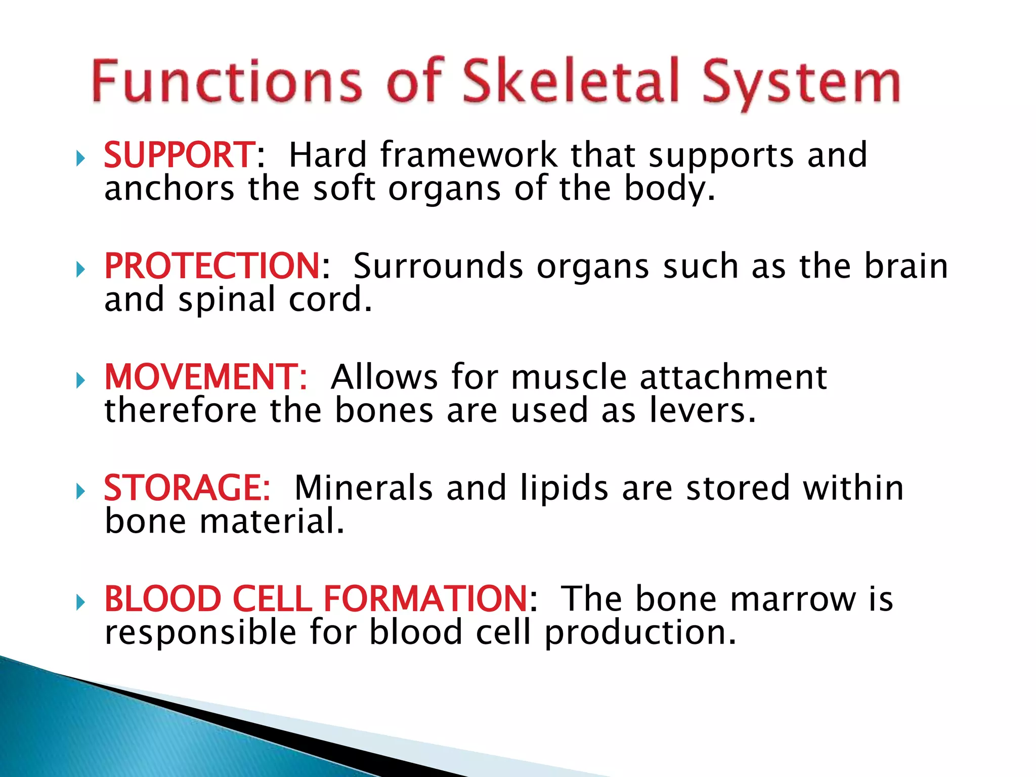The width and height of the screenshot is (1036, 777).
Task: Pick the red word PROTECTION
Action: tap(212, 266)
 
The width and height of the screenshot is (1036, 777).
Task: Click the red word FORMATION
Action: tap(425, 599)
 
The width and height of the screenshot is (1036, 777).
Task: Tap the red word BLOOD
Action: tap(162, 599)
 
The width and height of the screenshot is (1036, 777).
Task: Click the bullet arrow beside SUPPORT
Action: tap(80, 159)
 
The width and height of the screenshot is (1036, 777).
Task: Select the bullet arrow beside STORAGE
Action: tap(80, 491)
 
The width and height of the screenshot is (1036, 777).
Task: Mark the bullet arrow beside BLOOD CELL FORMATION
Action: tap(80, 602)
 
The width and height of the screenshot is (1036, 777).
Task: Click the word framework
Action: tap(468, 155)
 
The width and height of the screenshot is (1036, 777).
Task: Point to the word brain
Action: tap(906, 266)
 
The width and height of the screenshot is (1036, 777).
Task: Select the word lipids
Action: tap(564, 488)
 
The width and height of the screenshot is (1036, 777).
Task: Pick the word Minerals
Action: tap(363, 488)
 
